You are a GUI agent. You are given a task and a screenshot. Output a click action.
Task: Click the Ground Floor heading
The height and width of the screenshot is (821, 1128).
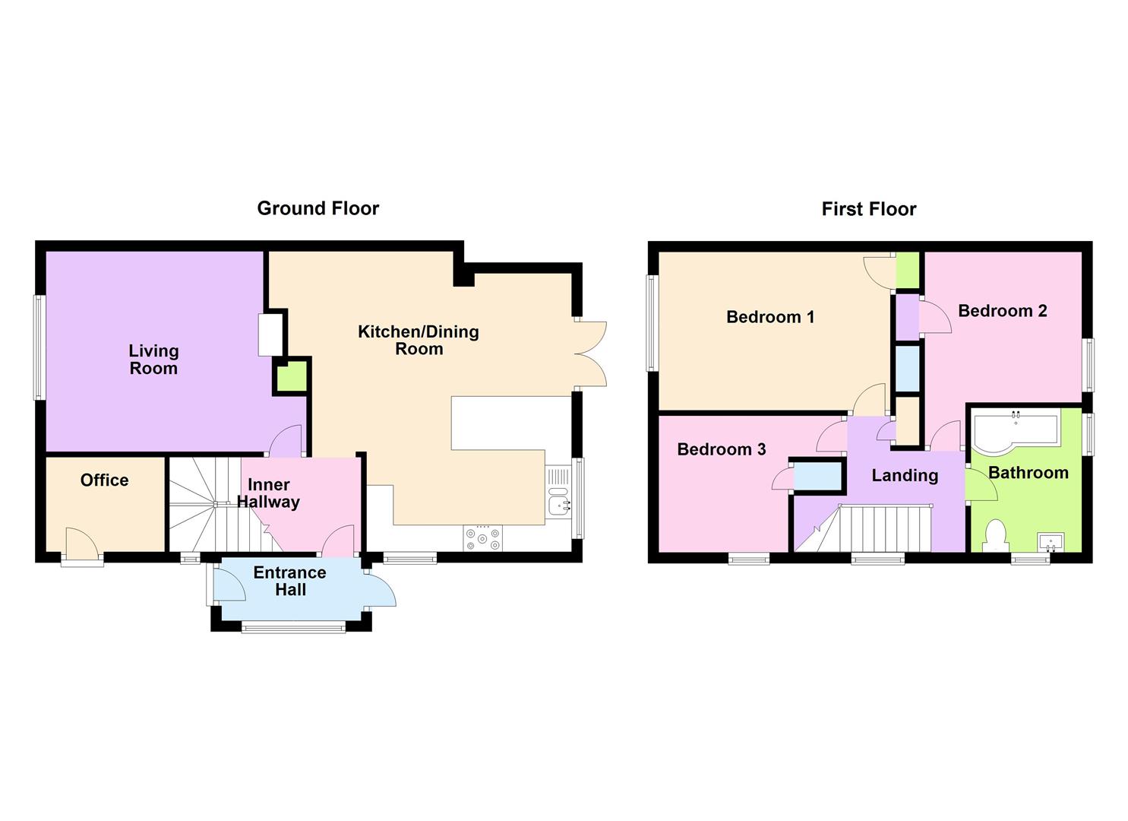click(318, 208)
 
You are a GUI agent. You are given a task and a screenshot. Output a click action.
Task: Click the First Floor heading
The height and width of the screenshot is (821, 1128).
click(868, 209)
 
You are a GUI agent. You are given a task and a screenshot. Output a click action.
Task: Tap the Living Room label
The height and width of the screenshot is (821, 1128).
click(153, 360)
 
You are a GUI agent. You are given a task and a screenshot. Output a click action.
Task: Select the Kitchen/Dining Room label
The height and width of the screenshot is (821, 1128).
click(419, 341)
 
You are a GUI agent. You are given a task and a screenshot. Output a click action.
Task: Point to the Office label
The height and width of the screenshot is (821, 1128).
click(104, 480)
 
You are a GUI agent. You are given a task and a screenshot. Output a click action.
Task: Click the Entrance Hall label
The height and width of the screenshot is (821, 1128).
click(289, 581)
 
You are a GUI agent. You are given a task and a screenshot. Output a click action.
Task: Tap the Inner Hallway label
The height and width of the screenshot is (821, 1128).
click(269, 493)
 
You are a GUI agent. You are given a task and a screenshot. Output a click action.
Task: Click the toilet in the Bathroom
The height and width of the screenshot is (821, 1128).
click(994, 535)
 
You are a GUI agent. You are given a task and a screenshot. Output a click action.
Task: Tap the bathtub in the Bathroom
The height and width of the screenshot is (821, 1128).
click(1014, 430)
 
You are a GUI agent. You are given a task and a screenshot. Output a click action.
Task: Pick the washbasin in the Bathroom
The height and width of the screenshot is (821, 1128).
click(1051, 542)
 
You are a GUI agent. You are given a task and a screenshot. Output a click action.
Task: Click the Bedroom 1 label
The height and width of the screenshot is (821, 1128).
click(770, 317)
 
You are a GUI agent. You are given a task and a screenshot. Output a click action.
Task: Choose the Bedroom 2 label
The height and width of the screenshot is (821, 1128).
click(1002, 310)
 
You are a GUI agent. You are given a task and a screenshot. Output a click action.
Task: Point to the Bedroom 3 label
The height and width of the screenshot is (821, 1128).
click(721, 449)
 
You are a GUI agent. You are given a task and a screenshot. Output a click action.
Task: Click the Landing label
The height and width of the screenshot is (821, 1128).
click(905, 476)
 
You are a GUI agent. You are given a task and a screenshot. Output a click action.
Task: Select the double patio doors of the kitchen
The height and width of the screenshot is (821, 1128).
click(591, 355)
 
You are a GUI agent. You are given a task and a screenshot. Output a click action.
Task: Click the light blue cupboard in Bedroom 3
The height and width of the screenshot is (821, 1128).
click(817, 476)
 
